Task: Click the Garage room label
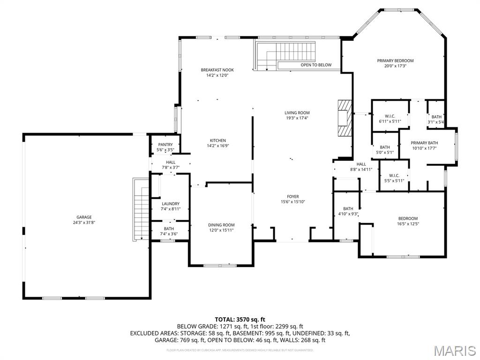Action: click(84, 217)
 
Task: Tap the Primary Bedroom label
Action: click(395, 60)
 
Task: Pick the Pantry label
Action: click(165, 144)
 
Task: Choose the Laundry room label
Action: click(171, 204)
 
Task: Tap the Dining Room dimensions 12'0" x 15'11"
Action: click(221, 230)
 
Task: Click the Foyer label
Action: click(293, 196)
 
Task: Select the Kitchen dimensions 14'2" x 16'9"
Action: click(217, 146)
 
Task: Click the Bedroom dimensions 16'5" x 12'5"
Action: click(408, 224)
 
